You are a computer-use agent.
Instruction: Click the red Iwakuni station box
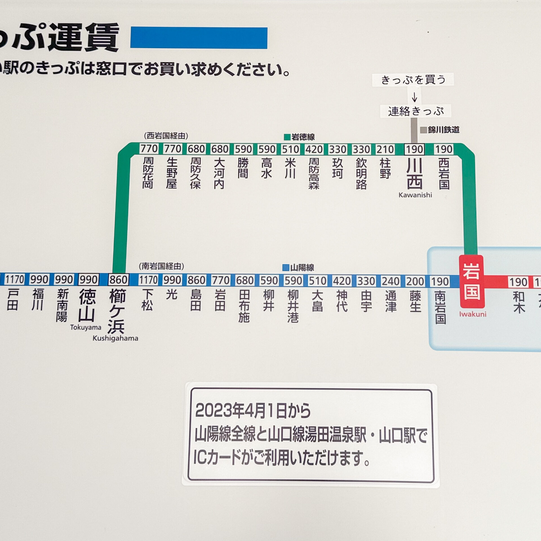(x=472, y=281)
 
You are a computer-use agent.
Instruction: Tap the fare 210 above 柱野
(x=385, y=149)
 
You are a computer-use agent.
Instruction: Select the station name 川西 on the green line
(x=414, y=174)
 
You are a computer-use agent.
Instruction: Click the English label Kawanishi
(x=415, y=195)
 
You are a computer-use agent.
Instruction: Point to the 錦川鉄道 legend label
(x=443, y=130)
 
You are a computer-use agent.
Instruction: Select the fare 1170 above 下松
(x=148, y=280)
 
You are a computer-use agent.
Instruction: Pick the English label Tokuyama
(x=86, y=327)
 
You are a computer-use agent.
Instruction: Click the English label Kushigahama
(x=115, y=338)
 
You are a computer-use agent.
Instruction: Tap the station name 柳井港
(x=293, y=306)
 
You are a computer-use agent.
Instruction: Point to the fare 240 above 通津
(x=391, y=281)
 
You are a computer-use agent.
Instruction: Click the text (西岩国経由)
(x=166, y=136)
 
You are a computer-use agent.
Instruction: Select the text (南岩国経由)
(x=161, y=266)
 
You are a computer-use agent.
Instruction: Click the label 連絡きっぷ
(x=416, y=111)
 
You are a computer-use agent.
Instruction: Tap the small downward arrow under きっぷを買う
(x=414, y=97)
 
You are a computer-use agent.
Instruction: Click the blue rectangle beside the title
(x=199, y=38)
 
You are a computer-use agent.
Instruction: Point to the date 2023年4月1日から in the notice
(x=253, y=411)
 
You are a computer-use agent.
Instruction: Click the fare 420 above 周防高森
(x=314, y=149)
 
